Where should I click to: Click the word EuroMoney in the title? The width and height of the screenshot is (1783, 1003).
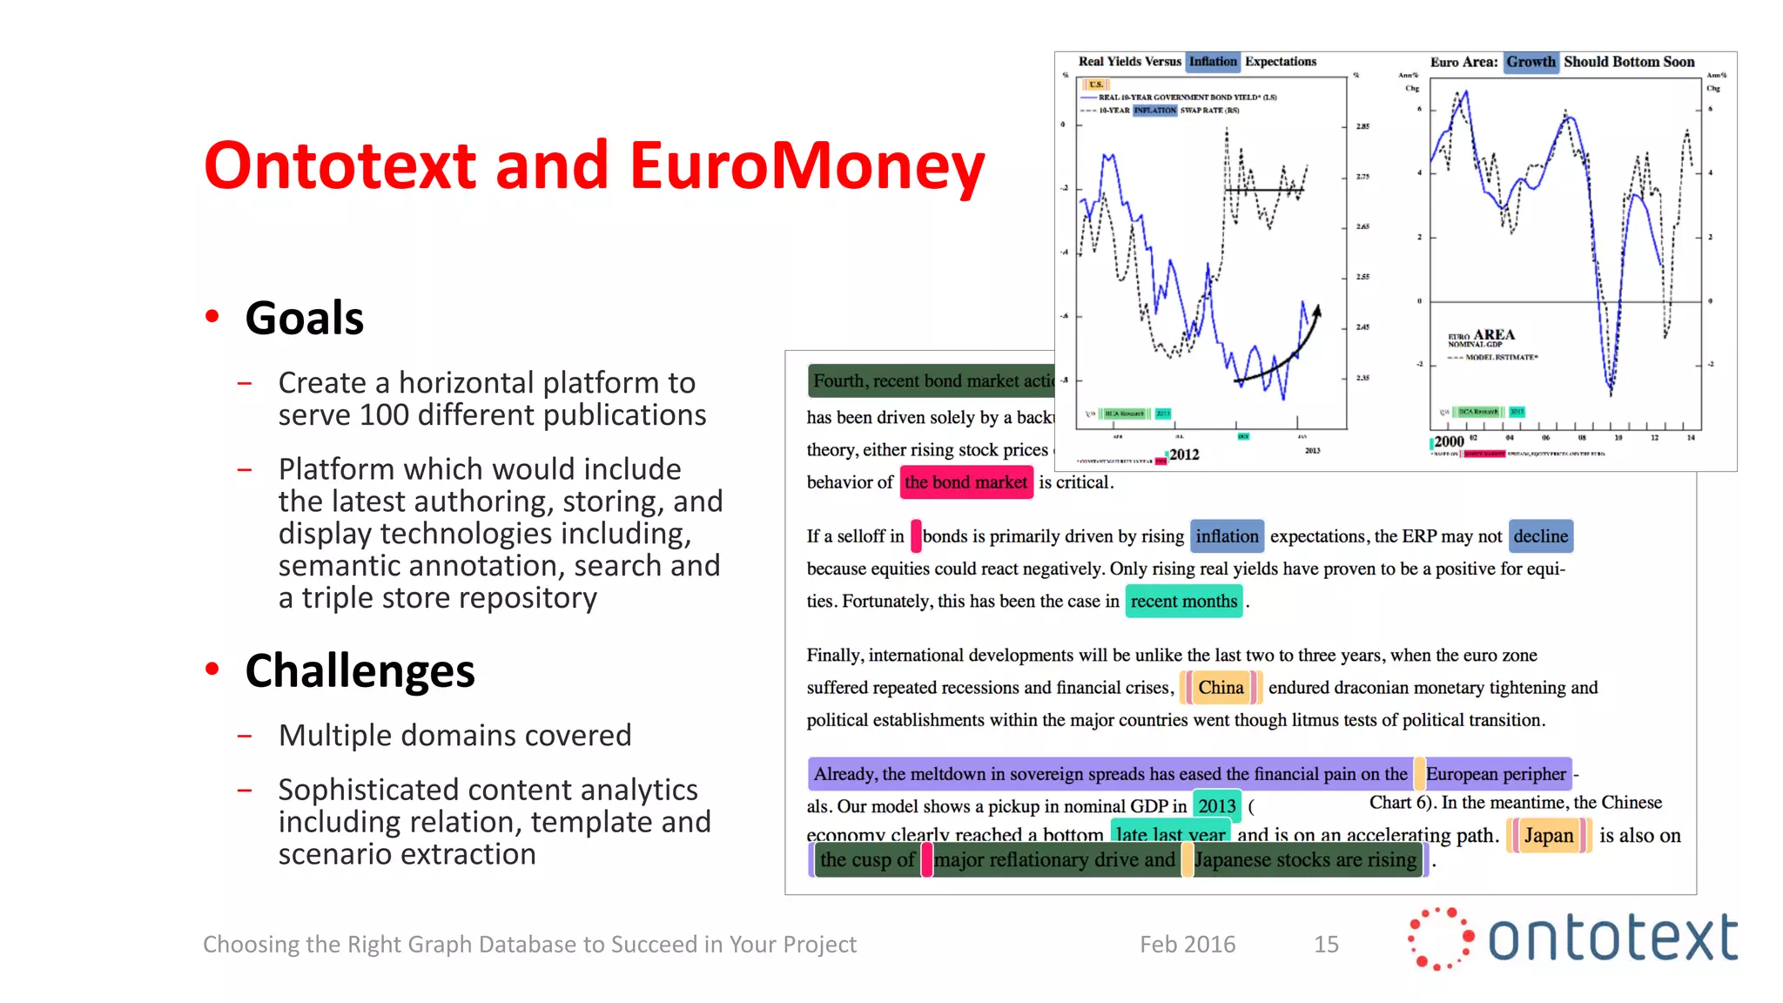(806, 165)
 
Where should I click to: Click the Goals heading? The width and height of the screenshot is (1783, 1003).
(304, 318)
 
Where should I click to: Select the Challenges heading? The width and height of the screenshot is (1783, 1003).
(360, 670)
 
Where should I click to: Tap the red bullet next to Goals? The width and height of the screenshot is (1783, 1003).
(212, 316)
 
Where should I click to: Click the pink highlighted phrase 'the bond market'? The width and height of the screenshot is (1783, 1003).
(966, 482)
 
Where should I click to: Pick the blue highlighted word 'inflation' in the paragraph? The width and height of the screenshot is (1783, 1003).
(1227, 536)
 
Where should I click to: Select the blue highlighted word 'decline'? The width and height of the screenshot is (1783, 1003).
(1540, 536)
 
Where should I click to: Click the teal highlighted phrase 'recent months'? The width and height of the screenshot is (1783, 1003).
(1183, 602)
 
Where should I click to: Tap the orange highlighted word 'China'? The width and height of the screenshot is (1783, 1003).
(1221, 688)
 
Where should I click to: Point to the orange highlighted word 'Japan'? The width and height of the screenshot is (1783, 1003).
(1548, 836)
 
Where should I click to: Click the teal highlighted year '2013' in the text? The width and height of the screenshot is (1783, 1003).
(1216, 806)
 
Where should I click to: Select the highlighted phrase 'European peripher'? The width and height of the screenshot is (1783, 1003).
(1495, 774)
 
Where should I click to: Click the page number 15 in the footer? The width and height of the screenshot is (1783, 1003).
(1326, 945)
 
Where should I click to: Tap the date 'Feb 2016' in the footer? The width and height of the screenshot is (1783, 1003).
(1188, 945)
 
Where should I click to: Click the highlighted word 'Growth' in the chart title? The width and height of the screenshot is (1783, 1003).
(1531, 62)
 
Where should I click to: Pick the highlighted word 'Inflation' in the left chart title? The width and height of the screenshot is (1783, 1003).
(1213, 62)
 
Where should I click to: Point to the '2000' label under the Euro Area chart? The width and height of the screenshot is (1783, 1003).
(1449, 441)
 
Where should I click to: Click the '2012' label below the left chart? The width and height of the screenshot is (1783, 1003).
(1184, 454)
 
